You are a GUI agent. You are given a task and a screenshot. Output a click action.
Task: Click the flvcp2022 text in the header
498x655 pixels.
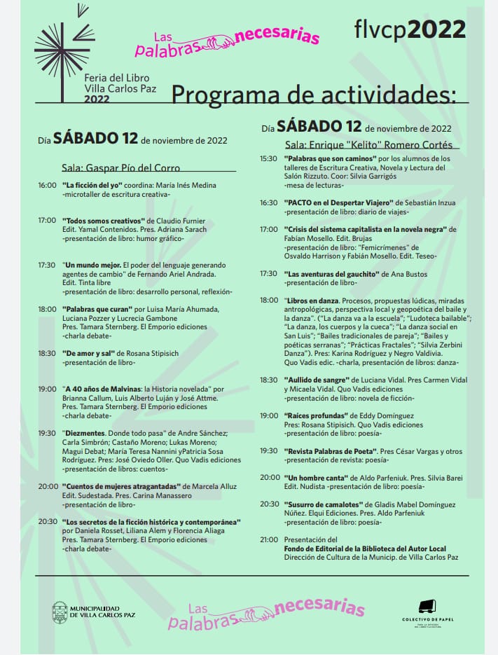coord(410,29)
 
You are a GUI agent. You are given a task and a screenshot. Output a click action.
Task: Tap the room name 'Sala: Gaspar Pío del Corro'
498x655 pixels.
coord(120,168)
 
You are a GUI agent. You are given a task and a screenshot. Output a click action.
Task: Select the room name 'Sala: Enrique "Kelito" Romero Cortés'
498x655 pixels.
coord(368,145)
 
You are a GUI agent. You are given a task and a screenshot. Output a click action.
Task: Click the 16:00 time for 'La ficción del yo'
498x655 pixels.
coord(48,185)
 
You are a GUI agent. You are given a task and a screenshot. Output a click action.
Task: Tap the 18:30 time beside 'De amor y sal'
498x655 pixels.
coord(48,353)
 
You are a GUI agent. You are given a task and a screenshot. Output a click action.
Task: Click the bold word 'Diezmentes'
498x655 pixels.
coord(85,433)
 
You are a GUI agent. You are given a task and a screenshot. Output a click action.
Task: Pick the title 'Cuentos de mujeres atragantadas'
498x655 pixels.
coord(122,486)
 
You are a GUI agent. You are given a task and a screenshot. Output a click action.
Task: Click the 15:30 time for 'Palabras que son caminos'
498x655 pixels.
coord(268,158)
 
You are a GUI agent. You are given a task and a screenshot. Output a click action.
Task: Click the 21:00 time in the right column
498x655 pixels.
coord(268,539)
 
